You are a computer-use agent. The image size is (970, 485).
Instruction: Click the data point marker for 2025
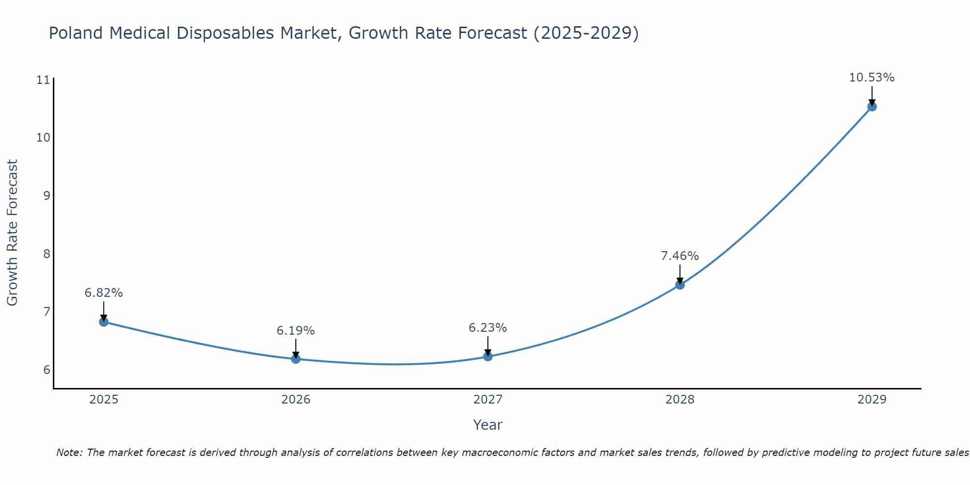pos(104,322)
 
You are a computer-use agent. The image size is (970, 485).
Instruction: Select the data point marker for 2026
pos(296,359)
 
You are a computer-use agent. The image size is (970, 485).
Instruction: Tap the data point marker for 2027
pos(488,356)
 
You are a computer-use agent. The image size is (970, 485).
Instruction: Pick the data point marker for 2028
pos(680,285)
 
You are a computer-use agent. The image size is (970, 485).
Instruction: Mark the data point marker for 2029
pos(872,107)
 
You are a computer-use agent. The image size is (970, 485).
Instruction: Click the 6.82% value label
pos(104,293)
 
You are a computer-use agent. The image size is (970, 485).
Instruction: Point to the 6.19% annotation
pos(296,331)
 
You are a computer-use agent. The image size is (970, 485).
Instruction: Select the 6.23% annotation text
pos(488,328)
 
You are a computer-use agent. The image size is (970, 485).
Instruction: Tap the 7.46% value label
pos(680,256)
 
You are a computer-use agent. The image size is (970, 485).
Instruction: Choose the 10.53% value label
pos(872,78)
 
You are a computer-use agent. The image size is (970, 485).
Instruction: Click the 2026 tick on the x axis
pos(296,400)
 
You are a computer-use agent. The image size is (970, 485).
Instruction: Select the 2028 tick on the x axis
pos(680,400)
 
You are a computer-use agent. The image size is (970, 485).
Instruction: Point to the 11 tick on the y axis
pos(43,80)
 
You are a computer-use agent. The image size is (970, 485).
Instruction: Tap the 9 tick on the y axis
pos(47,196)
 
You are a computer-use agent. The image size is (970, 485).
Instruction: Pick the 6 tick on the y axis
pos(47,370)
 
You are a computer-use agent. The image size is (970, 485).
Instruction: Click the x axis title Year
pos(487,425)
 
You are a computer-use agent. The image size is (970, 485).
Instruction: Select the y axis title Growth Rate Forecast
pos(13,233)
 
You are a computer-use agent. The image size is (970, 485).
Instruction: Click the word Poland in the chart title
pos(76,33)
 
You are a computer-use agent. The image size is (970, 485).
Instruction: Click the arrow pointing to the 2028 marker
pos(680,274)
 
